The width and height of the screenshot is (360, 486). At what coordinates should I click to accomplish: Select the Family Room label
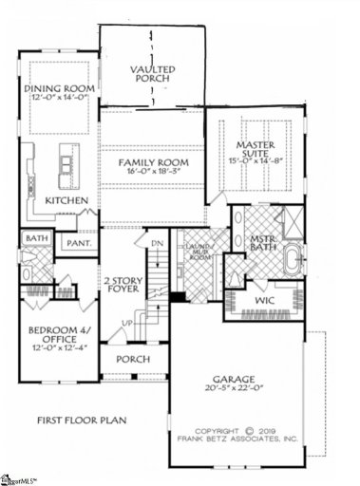(153, 163)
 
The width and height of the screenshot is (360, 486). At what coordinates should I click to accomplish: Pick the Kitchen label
(66, 201)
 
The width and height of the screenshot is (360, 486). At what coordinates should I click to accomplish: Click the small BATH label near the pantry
(37, 239)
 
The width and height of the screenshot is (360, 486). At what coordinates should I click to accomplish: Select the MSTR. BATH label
(262, 243)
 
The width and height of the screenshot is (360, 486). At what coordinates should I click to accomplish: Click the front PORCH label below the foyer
(134, 361)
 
